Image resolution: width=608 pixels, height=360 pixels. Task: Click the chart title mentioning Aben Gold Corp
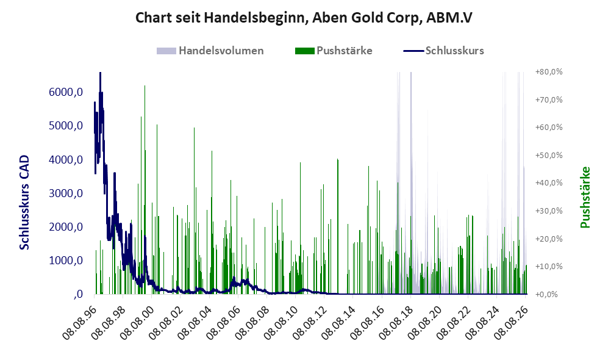[x=304, y=18]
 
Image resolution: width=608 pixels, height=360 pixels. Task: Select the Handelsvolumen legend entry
[x=210, y=51]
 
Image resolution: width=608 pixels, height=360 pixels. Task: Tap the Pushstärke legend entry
[x=334, y=51]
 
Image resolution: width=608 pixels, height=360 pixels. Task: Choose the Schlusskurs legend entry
[x=443, y=51]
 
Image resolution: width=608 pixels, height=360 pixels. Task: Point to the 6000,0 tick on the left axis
[x=66, y=92]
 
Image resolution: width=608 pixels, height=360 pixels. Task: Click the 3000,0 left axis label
[x=66, y=193]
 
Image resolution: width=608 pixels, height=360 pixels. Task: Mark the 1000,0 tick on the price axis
[x=66, y=261]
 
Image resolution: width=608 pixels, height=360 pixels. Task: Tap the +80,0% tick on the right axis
[x=549, y=72]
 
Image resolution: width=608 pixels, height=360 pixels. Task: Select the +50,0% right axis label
[x=549, y=155]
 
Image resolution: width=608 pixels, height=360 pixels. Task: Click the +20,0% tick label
[x=549, y=239]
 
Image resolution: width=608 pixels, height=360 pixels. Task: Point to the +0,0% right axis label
[x=549, y=294]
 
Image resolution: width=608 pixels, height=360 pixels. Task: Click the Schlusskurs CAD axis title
[x=24, y=202]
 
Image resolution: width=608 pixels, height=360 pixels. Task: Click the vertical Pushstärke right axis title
[x=585, y=197]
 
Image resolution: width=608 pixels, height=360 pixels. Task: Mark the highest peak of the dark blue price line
[x=100, y=73]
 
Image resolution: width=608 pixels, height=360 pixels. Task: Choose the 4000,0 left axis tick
[x=66, y=159]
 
